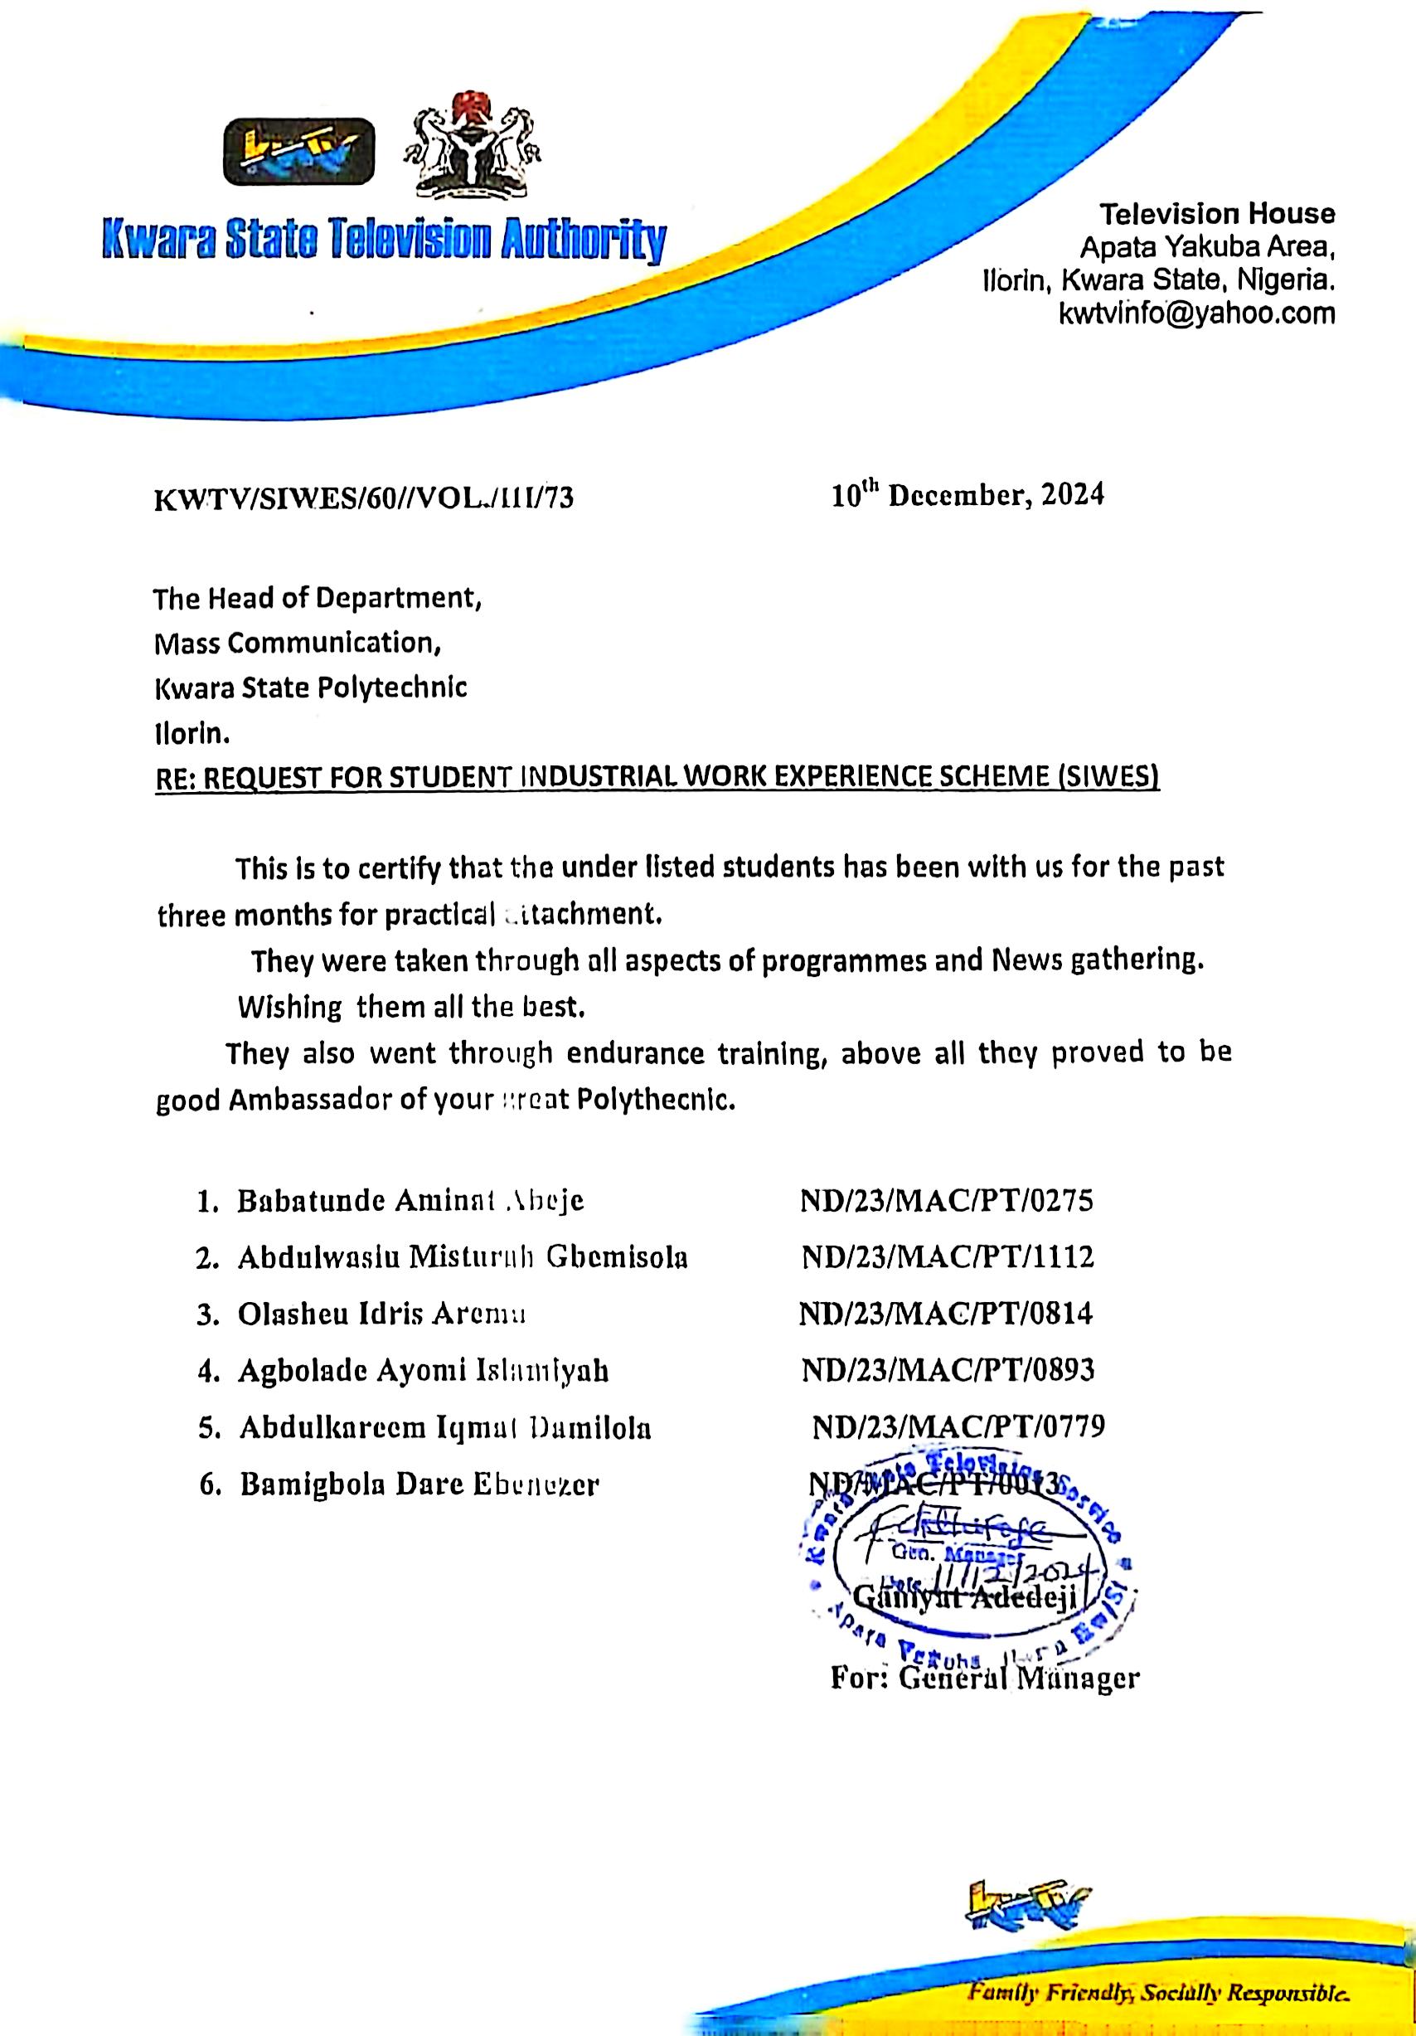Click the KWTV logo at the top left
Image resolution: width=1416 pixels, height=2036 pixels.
coord(298,152)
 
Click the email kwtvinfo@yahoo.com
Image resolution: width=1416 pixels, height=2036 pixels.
coord(1197,313)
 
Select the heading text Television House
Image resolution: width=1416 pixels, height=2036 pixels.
coord(1217,214)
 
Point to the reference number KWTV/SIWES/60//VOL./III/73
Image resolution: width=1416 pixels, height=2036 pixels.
coord(363,498)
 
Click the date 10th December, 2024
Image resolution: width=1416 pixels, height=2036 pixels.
coord(967,495)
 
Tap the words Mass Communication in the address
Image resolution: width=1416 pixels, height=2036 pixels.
coord(298,642)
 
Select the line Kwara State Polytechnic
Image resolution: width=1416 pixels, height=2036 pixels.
coord(310,688)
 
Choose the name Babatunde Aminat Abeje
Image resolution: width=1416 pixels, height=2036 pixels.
coord(410,1201)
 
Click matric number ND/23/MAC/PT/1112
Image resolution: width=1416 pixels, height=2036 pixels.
coord(948,1256)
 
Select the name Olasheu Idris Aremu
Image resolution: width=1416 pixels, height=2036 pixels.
coord(382,1314)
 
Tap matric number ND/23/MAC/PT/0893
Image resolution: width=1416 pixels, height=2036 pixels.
coord(948,1370)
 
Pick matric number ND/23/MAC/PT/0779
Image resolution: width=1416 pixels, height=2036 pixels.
coord(958,1426)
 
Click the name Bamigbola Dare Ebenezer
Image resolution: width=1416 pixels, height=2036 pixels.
coord(419,1484)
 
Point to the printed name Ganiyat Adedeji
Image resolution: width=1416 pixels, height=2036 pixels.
coord(964,1598)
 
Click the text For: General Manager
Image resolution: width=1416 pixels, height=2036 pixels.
coord(984,1678)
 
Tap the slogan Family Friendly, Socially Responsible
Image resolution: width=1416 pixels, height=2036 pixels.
coord(1159,1972)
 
